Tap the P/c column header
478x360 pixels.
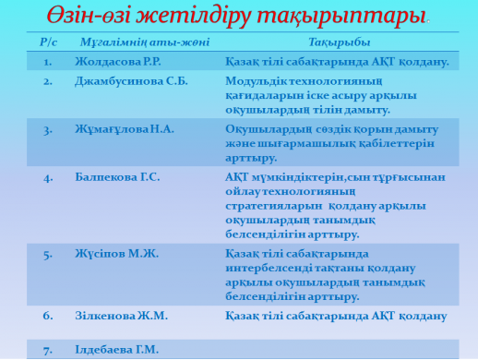[x=49, y=42]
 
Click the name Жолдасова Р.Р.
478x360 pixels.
[x=117, y=62]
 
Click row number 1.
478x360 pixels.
[x=48, y=62]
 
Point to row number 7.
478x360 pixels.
[x=48, y=348]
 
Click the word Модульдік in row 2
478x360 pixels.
[x=256, y=81]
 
